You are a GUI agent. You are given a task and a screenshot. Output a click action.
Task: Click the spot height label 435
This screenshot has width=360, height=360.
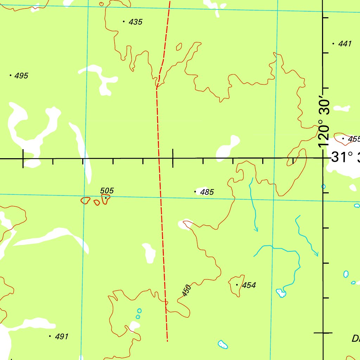135,22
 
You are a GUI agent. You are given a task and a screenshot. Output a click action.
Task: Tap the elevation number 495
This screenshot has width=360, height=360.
21,76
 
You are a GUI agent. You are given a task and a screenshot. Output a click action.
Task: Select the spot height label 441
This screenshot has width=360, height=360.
345,44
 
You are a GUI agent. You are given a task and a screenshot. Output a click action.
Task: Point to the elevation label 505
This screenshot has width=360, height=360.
107,191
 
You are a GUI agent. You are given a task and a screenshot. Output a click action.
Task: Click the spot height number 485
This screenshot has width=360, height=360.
207,192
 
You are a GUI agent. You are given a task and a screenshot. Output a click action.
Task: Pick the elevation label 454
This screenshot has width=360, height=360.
249,285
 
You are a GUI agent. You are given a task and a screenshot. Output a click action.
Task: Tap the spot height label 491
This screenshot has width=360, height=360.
61,337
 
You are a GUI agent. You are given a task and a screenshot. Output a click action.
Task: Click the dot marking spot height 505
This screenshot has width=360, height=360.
105,198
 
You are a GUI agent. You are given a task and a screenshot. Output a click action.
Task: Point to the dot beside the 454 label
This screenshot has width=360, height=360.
237,285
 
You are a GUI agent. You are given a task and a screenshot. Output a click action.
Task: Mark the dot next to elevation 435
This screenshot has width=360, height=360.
124,21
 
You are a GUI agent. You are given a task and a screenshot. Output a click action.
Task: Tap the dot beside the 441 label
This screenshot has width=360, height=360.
333,44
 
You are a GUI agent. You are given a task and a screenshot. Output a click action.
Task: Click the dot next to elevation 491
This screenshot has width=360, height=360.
50,336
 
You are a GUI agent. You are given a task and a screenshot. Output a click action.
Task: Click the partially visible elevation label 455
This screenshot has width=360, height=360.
354,139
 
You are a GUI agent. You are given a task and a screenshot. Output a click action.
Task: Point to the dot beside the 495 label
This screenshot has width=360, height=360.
11,75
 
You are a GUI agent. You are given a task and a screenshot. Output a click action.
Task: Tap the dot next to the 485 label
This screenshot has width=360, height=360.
195,192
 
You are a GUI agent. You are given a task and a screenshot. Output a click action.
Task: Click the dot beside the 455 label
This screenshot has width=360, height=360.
343,139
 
